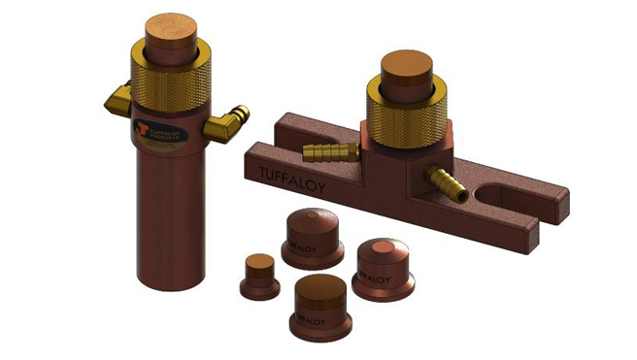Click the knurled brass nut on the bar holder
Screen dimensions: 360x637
click(406, 109)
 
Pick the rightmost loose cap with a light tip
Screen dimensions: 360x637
click(383, 265)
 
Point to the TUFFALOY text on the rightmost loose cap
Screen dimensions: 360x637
click(374, 276)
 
